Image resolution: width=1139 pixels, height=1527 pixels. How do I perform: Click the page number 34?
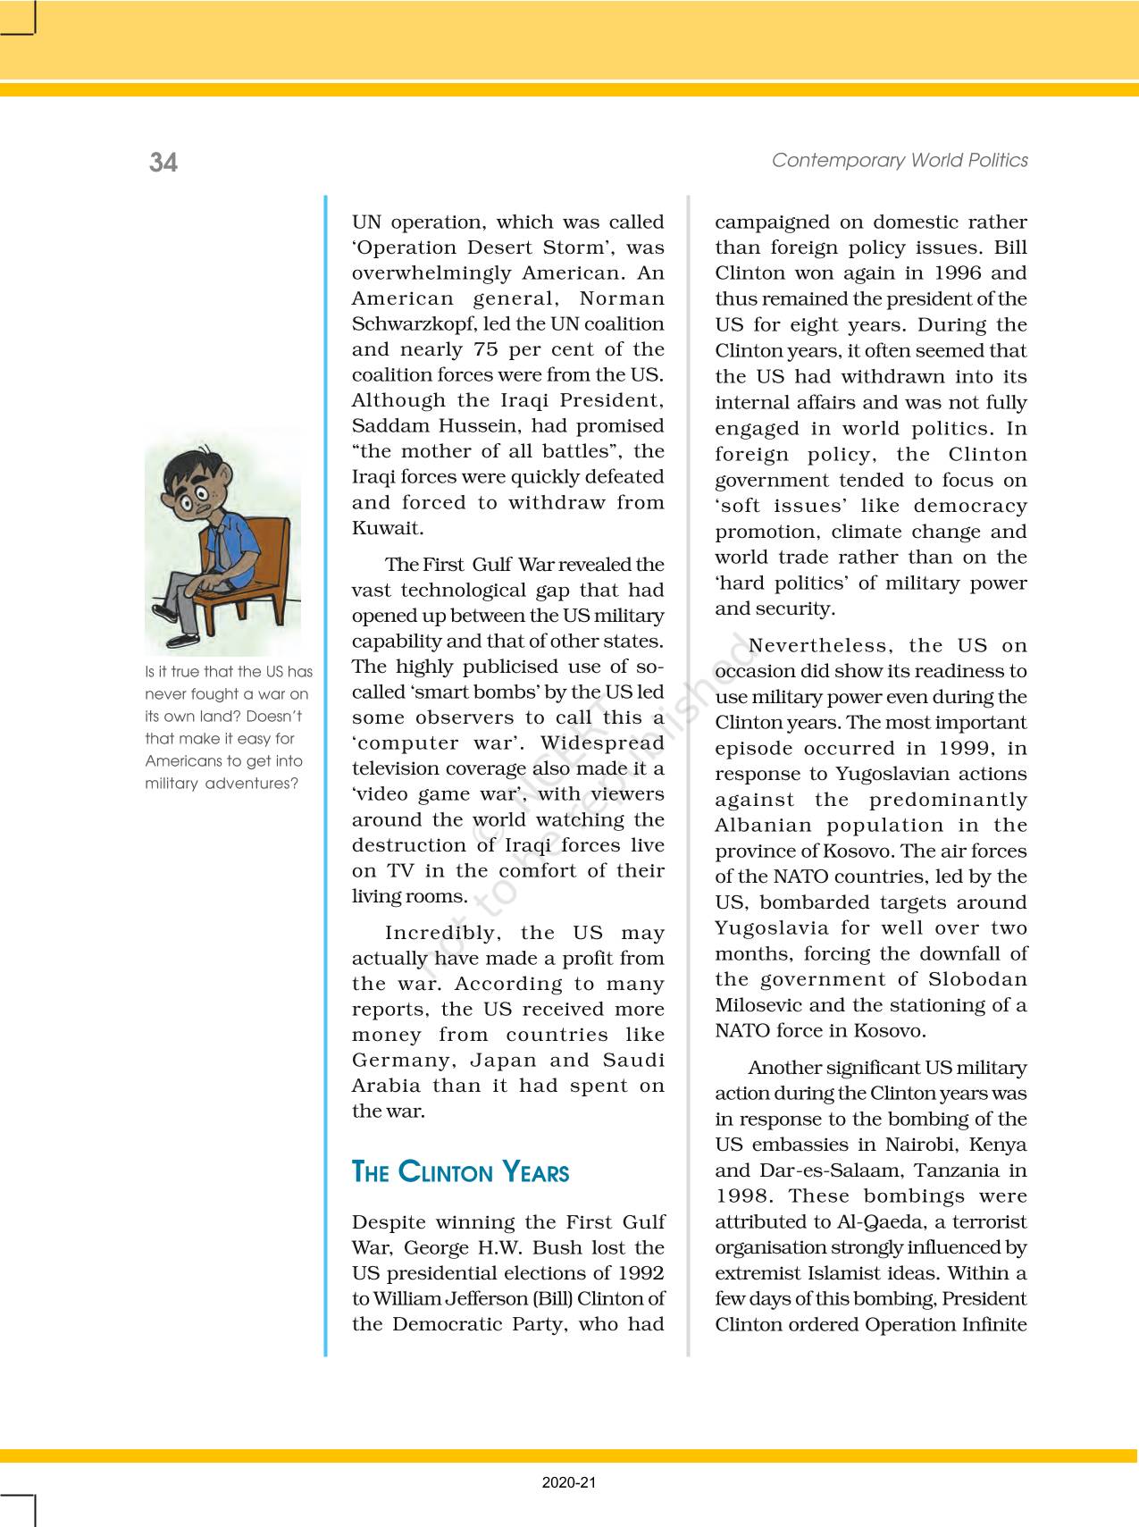click(163, 162)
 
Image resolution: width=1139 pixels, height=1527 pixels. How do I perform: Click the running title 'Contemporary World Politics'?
click(900, 160)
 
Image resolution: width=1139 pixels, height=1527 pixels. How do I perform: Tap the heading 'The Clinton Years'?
click(460, 1171)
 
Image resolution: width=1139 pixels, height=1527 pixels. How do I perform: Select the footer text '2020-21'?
click(569, 1482)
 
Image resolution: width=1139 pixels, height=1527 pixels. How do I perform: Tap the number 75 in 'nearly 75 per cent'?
click(485, 349)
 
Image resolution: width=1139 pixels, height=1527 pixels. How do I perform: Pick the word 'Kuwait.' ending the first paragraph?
click(388, 528)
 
